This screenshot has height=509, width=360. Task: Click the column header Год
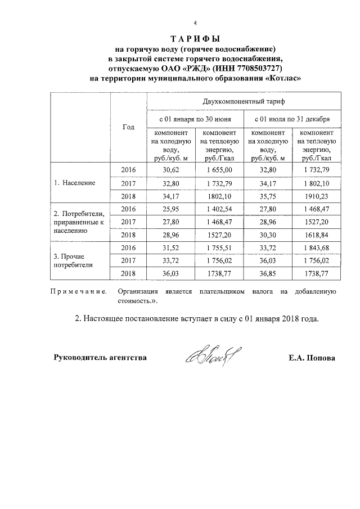pyautogui.click(x=128, y=128)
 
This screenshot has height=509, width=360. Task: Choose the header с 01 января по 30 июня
pyautogui.click(x=195, y=119)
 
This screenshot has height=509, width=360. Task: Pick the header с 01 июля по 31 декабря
pyautogui.click(x=292, y=119)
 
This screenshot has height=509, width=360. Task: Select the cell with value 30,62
pyautogui.click(x=170, y=170)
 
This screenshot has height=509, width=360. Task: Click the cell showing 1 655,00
pyautogui.click(x=219, y=170)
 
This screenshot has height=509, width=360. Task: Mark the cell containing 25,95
pyautogui.click(x=170, y=209)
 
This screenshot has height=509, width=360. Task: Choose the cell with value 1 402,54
pyautogui.click(x=219, y=209)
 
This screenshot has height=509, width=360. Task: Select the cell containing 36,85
pyautogui.click(x=267, y=273)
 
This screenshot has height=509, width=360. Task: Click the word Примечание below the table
pyautogui.click(x=79, y=292)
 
